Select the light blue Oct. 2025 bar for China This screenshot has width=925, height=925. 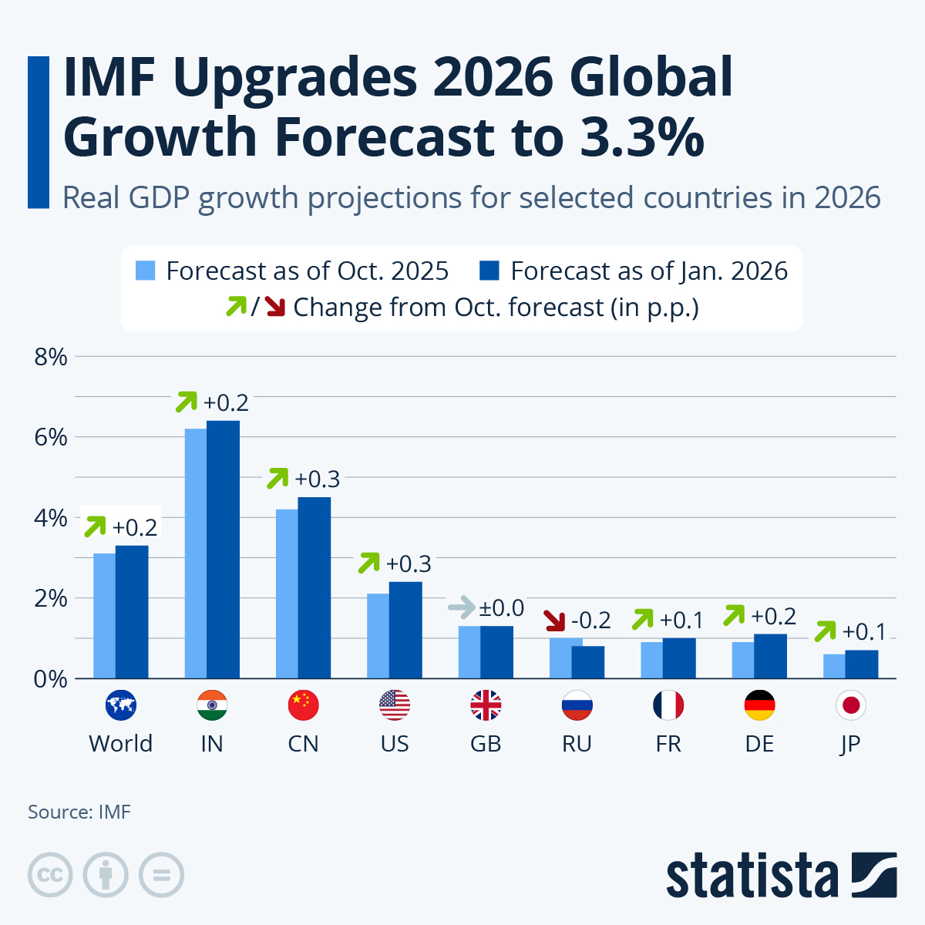[x=287, y=594]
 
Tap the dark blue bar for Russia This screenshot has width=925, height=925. [x=588, y=662]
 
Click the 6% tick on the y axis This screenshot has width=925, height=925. [x=51, y=438]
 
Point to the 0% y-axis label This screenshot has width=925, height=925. [x=51, y=679]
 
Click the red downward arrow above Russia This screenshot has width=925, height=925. [x=554, y=620]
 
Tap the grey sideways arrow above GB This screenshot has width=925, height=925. [x=461, y=607]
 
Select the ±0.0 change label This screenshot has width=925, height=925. [x=501, y=608]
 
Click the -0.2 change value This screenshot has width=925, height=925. [x=590, y=620]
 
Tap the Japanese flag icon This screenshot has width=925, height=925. [x=851, y=705]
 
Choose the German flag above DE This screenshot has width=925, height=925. [x=759, y=705]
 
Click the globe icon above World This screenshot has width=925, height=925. [x=120, y=705]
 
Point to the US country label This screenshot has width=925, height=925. [x=395, y=744]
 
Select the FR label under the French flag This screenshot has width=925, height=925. [x=668, y=744]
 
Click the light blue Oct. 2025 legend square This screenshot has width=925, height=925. [x=146, y=271]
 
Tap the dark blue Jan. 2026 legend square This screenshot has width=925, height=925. [x=489, y=271]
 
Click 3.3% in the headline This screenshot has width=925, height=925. [x=643, y=137]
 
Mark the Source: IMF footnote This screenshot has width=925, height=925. [x=79, y=812]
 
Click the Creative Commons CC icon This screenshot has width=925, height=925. [x=50, y=875]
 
